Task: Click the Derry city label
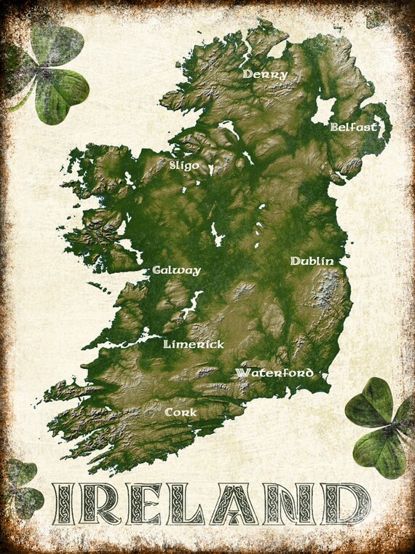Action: coord(266,74)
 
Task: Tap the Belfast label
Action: coord(354,127)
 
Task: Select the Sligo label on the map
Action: coord(183,165)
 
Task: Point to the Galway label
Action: coord(176,270)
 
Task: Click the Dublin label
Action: coord(312,261)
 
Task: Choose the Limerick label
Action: coord(194,344)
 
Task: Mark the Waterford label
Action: coord(274,373)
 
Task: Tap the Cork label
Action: coord(181,412)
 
